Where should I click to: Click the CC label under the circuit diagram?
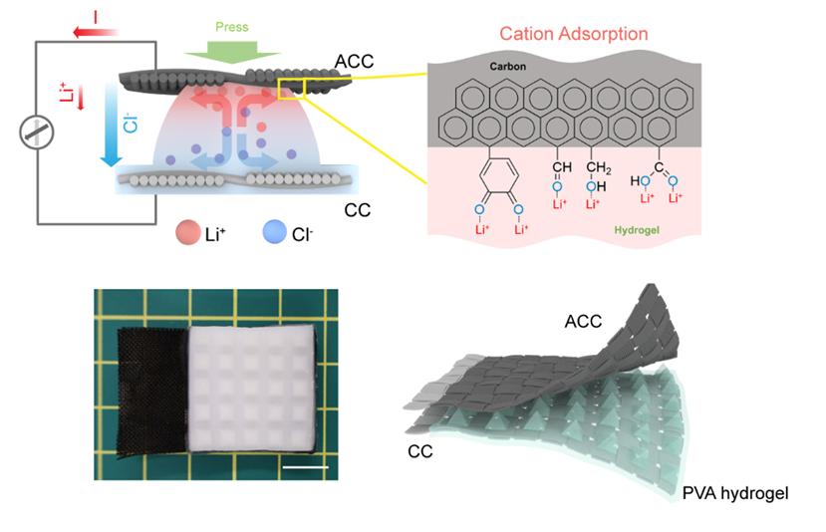pos(358,211)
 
